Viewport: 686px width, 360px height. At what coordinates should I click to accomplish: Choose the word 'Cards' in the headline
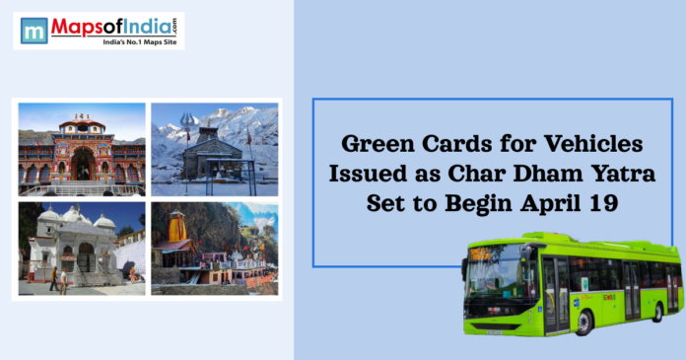pos(469,145)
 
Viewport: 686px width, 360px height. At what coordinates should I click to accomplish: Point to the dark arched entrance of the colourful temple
pos(82,164)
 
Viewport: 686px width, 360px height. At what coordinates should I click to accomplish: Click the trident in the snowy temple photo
pos(187,129)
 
